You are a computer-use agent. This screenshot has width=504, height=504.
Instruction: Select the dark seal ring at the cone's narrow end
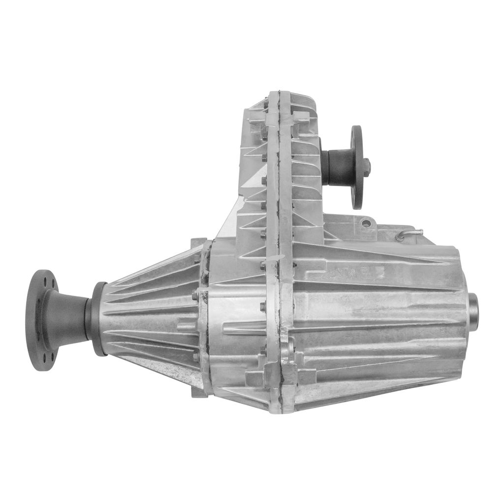tap(97, 319)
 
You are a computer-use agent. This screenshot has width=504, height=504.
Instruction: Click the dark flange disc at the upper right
tap(357, 167)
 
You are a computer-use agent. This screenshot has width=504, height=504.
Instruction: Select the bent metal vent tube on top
tap(409, 233)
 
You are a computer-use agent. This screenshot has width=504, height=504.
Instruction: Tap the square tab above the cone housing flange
tap(198, 243)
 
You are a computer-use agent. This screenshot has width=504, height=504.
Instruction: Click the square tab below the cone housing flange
tap(199, 392)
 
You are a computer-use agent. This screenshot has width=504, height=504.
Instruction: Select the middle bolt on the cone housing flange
tap(195, 296)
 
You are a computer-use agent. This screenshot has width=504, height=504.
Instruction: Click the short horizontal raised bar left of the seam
tap(246, 327)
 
